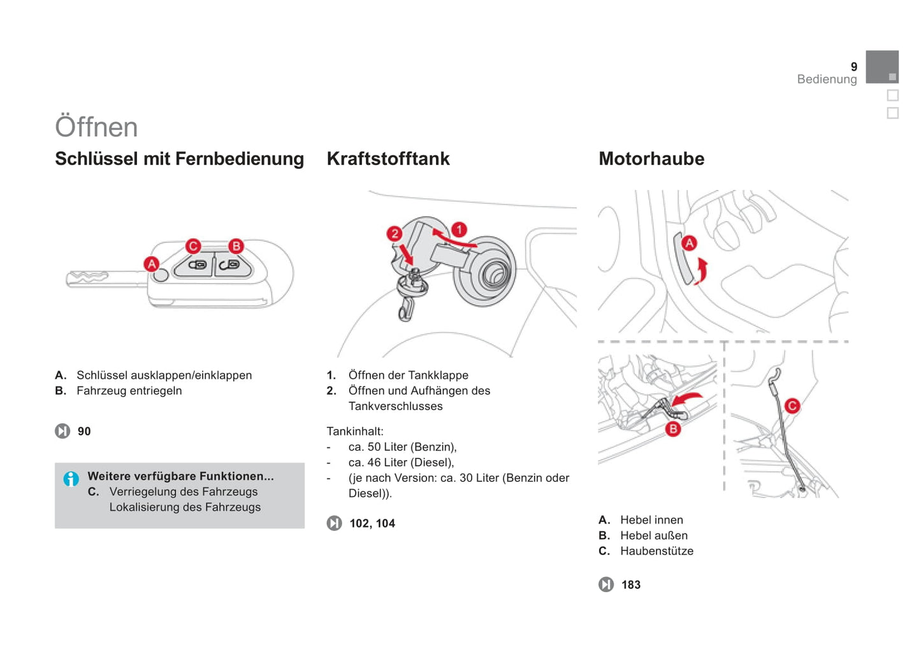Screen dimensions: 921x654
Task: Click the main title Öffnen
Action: pos(96,126)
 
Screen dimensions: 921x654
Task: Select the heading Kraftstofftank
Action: pos(388,159)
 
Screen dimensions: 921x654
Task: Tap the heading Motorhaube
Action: pos(651,159)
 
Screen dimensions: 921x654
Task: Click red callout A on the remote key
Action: pos(152,264)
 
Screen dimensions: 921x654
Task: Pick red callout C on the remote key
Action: pos(193,247)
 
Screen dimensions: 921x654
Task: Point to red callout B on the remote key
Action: pos(236,247)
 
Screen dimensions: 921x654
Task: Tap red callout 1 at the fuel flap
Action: pos(460,229)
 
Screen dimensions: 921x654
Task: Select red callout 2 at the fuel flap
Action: pos(395,234)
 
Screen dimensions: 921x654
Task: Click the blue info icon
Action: pos(71,479)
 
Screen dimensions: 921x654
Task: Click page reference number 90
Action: pos(84,431)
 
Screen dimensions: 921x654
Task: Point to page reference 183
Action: pos(631,585)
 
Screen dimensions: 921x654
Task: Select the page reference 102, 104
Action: pos(372,523)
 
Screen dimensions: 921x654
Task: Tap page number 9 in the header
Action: pos(854,67)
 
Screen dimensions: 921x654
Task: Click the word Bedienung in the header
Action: pos(827,79)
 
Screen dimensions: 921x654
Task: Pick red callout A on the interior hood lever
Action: pos(690,243)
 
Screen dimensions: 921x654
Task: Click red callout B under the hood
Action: pos(673,429)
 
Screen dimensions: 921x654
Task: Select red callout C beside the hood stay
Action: pos(792,406)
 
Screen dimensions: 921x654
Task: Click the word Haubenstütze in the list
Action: pos(657,551)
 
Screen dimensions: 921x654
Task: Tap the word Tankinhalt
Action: pos(355,431)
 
